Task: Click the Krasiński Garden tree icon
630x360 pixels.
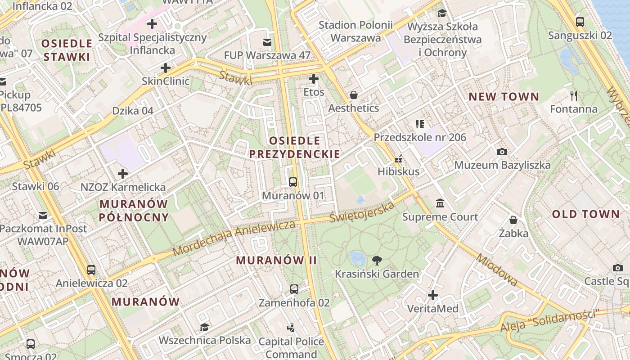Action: [377, 260]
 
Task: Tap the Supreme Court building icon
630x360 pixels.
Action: [440, 203]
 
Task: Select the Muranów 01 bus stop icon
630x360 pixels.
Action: [293, 182]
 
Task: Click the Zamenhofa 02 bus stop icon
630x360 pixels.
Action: [294, 289]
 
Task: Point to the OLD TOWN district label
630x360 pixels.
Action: [586, 214]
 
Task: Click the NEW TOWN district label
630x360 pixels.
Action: [504, 97]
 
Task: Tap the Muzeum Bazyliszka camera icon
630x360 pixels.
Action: [502, 152]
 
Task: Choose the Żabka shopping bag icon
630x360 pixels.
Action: [513, 220]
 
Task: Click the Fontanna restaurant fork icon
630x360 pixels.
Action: [573, 95]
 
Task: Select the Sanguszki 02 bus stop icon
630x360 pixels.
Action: [580, 22]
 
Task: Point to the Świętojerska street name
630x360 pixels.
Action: [362, 211]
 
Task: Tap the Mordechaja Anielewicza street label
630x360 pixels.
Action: [234, 237]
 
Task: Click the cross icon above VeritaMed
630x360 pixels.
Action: [433, 295]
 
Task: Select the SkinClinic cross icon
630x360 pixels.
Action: [166, 68]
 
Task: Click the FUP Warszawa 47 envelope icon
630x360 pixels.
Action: [267, 42]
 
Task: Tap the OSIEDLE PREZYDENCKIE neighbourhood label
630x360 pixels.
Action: [294, 148]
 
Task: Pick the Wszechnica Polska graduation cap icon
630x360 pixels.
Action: [204, 327]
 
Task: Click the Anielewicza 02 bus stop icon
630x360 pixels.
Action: [91, 270]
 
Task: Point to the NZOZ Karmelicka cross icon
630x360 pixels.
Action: [123, 173]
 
